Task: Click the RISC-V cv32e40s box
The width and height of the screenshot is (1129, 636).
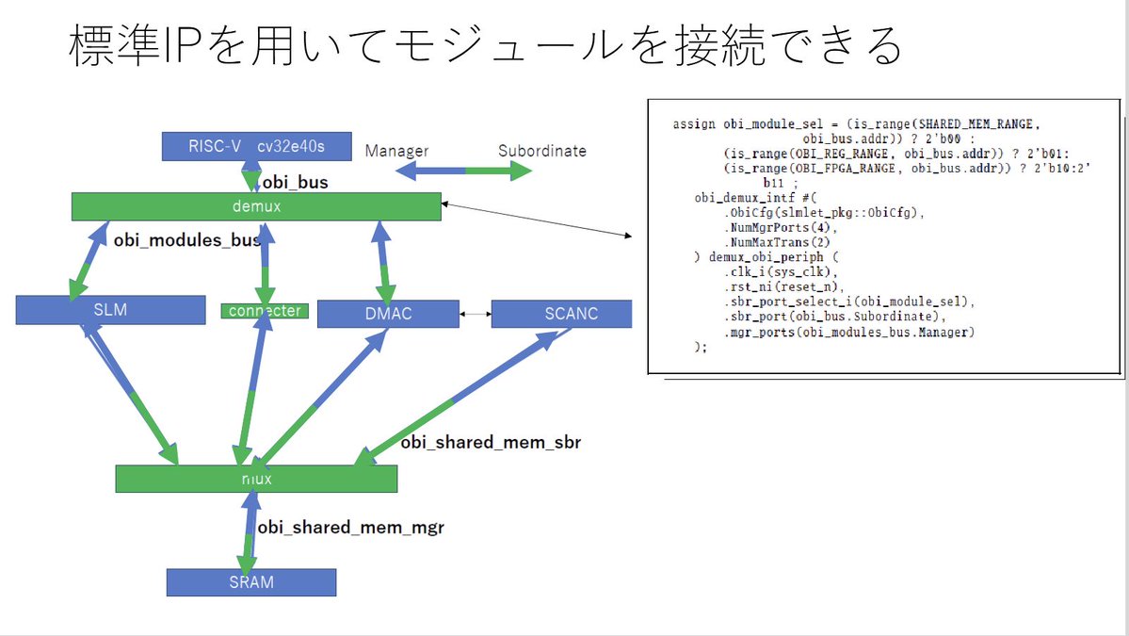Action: click(x=256, y=146)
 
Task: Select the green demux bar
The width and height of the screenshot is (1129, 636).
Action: click(x=256, y=206)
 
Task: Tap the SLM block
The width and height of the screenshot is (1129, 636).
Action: click(x=110, y=310)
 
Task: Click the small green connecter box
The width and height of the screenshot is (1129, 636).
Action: click(x=265, y=311)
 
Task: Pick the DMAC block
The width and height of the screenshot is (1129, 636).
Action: click(x=388, y=314)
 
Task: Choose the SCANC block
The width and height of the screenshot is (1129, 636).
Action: click(x=561, y=314)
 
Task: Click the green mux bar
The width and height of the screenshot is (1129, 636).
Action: click(x=256, y=479)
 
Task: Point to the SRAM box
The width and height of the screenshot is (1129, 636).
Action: click(x=251, y=582)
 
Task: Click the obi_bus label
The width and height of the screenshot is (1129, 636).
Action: click(x=296, y=182)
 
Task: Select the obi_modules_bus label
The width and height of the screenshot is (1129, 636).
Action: click(x=187, y=240)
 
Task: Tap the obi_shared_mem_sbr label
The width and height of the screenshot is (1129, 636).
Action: click(x=491, y=442)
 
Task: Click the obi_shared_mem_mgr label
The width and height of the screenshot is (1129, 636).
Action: click(x=350, y=528)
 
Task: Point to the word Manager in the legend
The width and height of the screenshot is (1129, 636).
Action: click(x=396, y=151)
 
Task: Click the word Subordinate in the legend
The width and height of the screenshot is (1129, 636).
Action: click(x=542, y=151)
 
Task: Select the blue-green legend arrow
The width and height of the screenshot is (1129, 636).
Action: click(x=463, y=171)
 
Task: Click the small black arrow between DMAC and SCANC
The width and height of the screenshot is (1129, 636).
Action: click(x=476, y=314)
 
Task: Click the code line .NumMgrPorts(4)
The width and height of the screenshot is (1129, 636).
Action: click(x=781, y=228)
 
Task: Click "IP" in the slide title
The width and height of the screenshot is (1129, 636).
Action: click(x=183, y=44)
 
